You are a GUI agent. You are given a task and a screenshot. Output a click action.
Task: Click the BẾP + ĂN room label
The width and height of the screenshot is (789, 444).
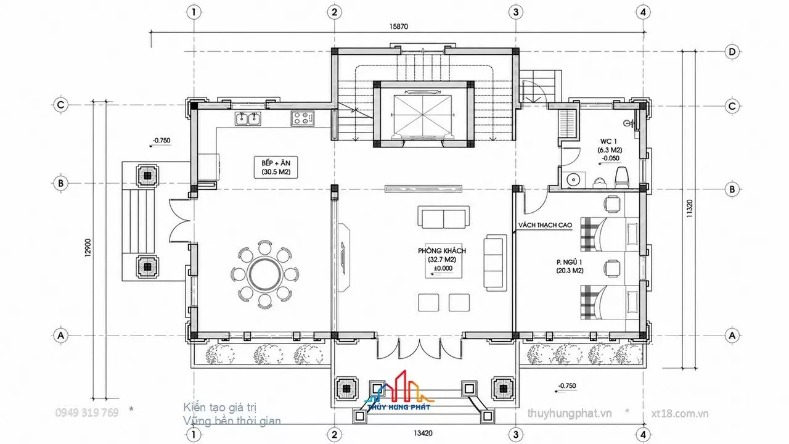coord(276,163)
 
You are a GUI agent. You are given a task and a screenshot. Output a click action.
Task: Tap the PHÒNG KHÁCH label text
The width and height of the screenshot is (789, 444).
coord(442,251)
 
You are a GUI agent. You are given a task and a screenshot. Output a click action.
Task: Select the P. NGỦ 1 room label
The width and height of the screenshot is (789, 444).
coord(569,262)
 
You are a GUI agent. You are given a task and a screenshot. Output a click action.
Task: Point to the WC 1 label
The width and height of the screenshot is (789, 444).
coord(608,141)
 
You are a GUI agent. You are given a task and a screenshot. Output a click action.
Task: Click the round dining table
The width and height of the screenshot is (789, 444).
coord(265,274)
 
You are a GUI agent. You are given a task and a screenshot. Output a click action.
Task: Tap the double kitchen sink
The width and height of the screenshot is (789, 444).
coord(248,118)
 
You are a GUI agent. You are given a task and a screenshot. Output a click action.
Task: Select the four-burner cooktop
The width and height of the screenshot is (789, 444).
coord(302,118)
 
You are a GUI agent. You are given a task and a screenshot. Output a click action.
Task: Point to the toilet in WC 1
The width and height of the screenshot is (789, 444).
coord(622,177)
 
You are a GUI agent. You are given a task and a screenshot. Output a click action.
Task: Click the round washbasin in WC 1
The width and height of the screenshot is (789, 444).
coord(573,180)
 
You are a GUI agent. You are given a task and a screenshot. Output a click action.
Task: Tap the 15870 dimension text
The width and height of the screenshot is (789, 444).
coord(398,27)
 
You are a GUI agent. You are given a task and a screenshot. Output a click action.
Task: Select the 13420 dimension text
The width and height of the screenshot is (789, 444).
coord(423,433)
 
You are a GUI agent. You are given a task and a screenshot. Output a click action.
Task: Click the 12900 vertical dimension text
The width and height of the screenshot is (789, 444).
coord(88,248)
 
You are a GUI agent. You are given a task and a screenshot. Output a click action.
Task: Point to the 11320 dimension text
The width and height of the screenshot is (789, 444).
coord(689,208)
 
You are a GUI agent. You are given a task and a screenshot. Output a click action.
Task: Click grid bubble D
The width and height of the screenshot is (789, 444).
coord(732,52)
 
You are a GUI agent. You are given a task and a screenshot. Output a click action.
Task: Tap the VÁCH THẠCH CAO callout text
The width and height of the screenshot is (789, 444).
coord(545,225)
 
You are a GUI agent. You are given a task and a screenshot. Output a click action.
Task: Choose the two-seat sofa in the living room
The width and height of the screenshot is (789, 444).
coord(443,218)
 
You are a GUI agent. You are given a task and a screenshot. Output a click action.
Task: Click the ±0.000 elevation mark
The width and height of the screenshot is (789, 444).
coord(443,268)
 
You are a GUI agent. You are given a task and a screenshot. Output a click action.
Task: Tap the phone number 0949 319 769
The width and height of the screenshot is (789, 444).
coord(87,413)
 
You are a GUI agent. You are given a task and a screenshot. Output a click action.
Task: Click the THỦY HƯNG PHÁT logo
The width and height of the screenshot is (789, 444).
coord(399,391)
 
